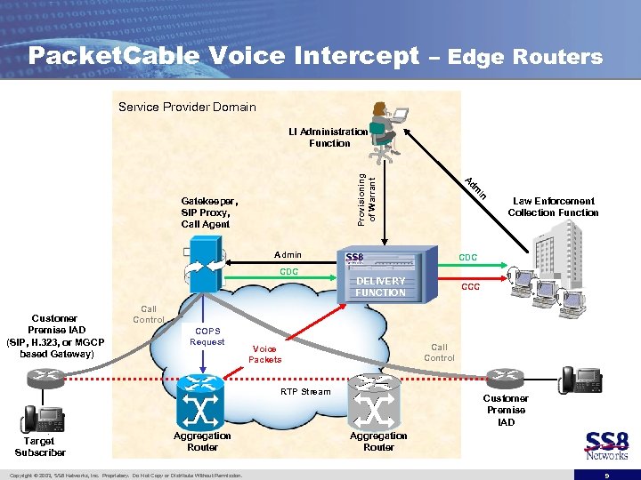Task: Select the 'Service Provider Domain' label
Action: point(187,108)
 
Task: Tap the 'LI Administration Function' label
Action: point(329,137)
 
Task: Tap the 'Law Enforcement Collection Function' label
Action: point(553,207)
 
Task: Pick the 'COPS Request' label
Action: point(207,336)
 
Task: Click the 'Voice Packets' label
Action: point(265,354)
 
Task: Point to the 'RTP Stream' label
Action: point(305,392)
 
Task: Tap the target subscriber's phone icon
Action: point(42,417)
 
